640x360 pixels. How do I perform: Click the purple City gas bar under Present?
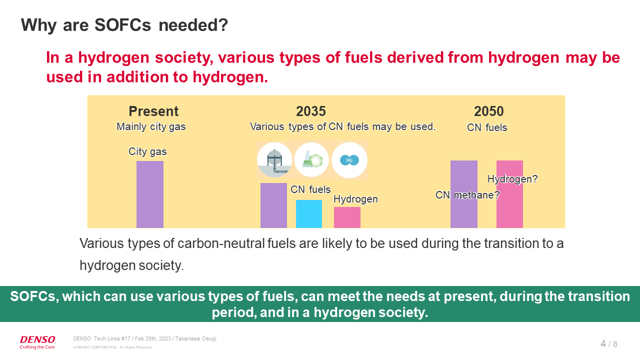tap(150, 194)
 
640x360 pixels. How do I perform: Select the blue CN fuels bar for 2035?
tap(309, 214)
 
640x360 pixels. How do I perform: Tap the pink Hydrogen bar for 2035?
tap(347, 217)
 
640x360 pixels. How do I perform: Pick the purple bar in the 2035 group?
tap(273, 205)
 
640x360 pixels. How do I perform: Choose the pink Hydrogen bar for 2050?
tap(509, 205)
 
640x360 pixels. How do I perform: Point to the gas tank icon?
tap(274, 160)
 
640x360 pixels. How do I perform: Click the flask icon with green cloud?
tap(311, 160)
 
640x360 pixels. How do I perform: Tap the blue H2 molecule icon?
tap(349, 160)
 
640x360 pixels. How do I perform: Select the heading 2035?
tap(310, 111)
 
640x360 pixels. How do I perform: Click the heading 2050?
tap(488, 111)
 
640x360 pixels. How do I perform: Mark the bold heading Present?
tap(153, 111)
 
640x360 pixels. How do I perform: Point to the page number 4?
tap(603, 343)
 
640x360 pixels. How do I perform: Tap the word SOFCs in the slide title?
tap(122, 25)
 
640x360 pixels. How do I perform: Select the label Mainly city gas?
tap(151, 126)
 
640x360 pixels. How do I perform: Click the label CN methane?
tap(467, 195)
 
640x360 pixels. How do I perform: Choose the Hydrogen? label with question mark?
tap(512, 178)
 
